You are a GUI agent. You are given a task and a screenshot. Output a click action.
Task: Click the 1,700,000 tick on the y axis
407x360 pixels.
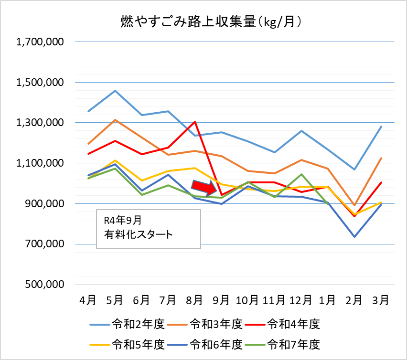click(x=40, y=42)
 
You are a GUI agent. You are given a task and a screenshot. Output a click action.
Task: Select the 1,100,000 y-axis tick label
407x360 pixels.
click(x=40, y=163)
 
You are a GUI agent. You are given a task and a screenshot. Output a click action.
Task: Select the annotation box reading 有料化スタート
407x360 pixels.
click(x=148, y=228)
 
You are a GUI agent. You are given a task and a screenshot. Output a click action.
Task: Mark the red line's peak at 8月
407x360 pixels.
click(x=195, y=122)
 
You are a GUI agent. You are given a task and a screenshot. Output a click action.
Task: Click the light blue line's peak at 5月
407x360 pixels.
click(x=115, y=91)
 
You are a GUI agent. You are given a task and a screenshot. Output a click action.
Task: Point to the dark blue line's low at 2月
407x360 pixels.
click(x=354, y=237)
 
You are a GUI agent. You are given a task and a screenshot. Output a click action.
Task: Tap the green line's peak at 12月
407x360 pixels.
click(x=301, y=174)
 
